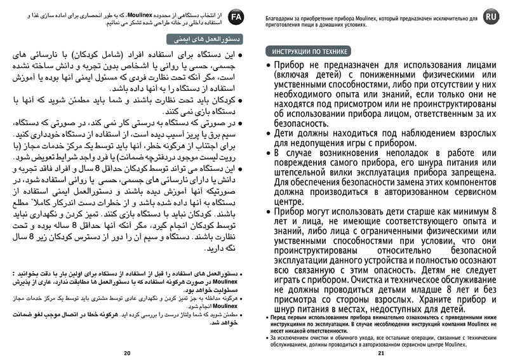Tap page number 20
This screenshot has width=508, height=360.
tap(127, 353)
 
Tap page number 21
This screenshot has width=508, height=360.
tap(381, 353)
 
